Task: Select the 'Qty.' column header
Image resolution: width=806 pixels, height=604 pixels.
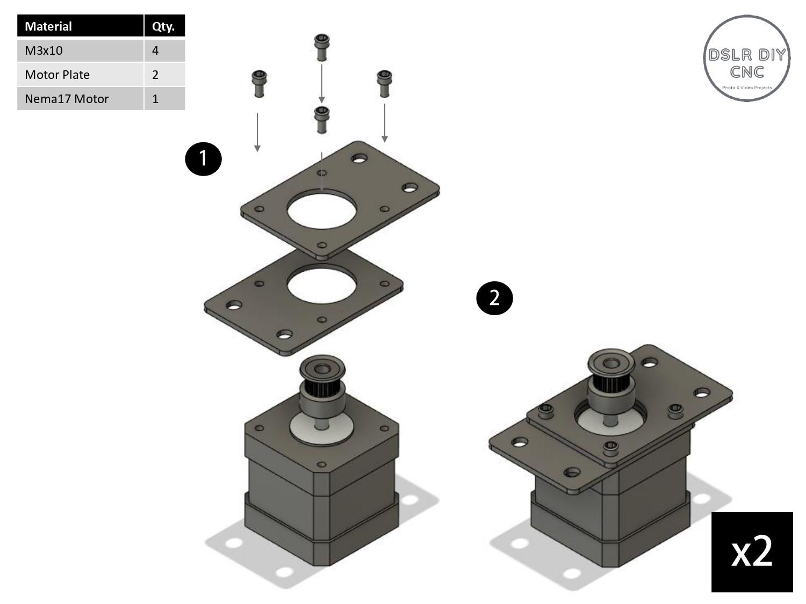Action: click(x=164, y=26)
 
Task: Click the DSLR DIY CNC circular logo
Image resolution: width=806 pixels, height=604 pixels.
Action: click(x=746, y=58)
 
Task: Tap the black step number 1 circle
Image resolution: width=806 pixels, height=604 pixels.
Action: click(x=203, y=158)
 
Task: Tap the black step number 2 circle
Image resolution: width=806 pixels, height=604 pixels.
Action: click(x=494, y=298)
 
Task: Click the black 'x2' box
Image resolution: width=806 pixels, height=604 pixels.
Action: click(x=752, y=552)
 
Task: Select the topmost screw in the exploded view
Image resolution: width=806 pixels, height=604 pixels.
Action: click(x=321, y=47)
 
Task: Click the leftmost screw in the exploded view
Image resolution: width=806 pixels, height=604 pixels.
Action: click(x=258, y=84)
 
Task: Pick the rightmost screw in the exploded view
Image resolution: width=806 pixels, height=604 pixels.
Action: click(x=384, y=83)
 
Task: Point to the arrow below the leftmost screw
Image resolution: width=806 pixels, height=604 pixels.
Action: click(x=257, y=132)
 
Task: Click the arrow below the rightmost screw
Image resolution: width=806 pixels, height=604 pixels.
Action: click(x=385, y=123)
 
